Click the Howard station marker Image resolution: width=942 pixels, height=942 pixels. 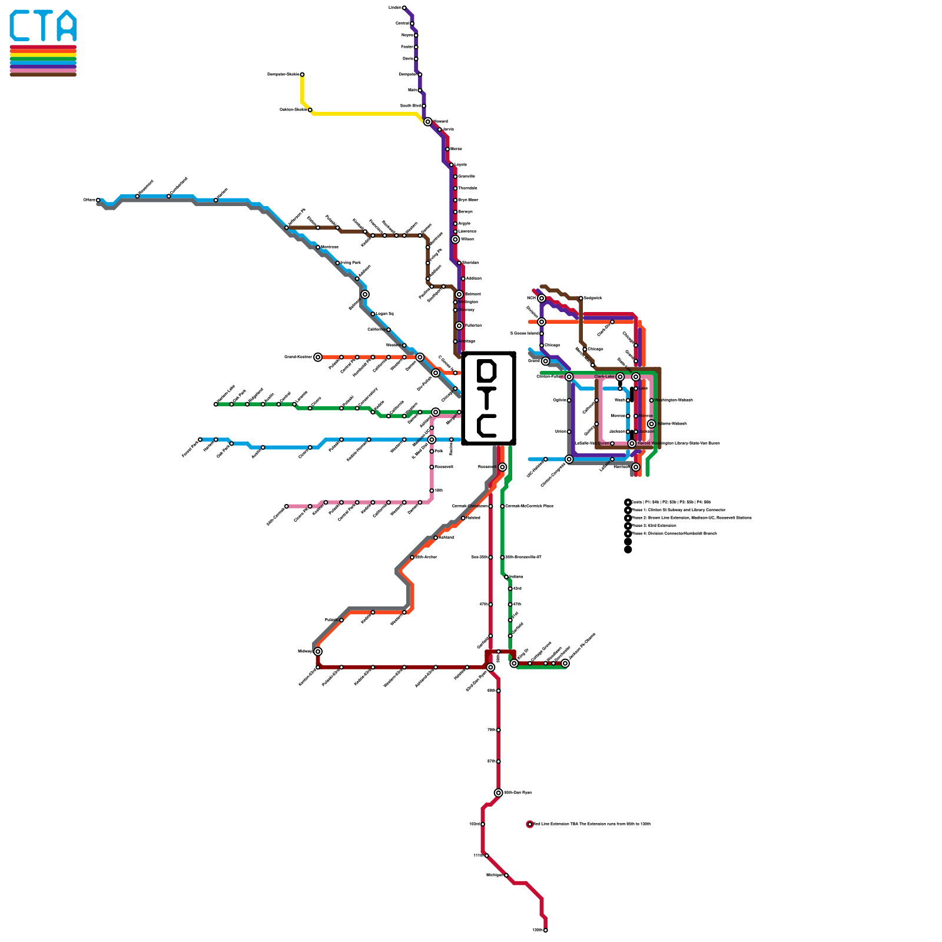pos(427,121)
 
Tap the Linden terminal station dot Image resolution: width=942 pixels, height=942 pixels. pos(404,8)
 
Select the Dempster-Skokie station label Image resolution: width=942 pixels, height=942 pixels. pos(283,74)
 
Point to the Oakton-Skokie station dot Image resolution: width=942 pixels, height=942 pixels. pos(310,110)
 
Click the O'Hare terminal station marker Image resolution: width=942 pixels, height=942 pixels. pos(98,200)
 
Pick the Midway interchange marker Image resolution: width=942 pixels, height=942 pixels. pos(318,651)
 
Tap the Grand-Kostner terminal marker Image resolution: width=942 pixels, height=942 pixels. pos(318,357)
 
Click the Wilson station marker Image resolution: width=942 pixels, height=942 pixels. pos(455,239)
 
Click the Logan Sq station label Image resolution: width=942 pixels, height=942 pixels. pos(384,314)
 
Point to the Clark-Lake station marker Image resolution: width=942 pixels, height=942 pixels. pos(620,377)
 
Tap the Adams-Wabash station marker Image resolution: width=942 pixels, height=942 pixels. pos(651,424)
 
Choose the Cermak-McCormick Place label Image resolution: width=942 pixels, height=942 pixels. pos(529,506)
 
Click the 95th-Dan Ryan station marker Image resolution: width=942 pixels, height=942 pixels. pos(498,792)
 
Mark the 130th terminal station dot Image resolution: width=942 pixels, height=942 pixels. pos(545,930)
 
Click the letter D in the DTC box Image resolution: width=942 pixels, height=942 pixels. pos(487,371)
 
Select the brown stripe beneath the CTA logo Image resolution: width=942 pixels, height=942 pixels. pos(43,75)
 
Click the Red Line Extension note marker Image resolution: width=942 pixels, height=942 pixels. pos(530,824)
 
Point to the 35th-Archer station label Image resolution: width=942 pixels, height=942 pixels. pos(426,557)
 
